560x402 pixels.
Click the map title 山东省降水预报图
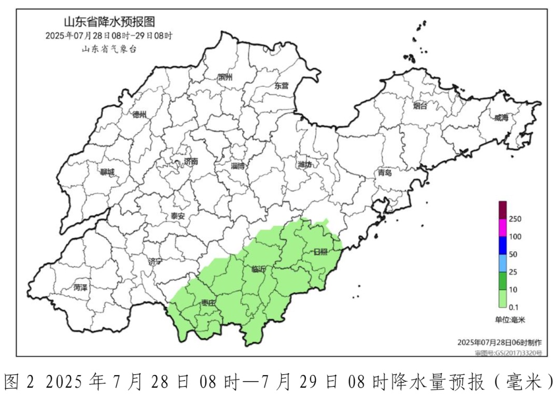coord(109,22)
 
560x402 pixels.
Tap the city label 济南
coord(190,162)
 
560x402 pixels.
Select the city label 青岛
coord(385,173)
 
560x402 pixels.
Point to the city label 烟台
coord(420,106)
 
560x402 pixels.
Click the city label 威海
coord(501,118)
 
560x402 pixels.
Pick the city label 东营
coord(282,86)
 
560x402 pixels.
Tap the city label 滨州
coord(226,78)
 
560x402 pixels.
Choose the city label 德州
coord(139,114)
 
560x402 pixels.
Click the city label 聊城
coord(107,173)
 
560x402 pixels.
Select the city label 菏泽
coord(80,287)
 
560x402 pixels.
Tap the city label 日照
coord(320,252)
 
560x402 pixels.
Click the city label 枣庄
coord(208,303)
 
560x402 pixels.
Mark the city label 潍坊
coord(305,165)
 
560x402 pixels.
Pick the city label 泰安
coord(178,216)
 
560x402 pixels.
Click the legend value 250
coord(515,219)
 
